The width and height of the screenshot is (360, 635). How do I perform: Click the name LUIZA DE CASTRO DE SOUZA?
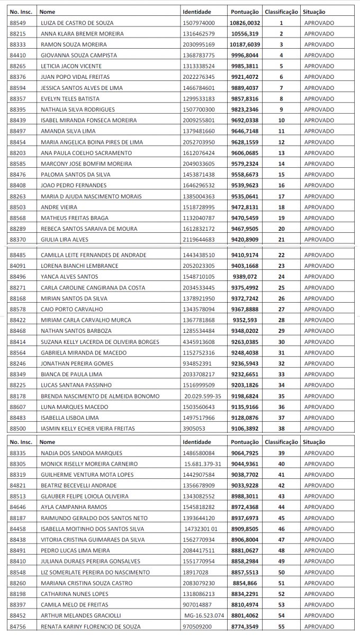(x=77, y=23)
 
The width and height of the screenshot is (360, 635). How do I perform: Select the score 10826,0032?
(x=245, y=23)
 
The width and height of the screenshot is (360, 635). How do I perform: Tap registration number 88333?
(x=17, y=44)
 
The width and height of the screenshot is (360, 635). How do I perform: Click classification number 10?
(x=281, y=121)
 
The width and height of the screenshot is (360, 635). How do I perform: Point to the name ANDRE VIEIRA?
(x=59, y=207)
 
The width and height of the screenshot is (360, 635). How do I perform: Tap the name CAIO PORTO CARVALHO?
(x=71, y=309)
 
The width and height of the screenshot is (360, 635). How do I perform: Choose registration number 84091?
(x=17, y=266)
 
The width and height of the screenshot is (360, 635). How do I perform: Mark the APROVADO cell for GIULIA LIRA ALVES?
(x=319, y=240)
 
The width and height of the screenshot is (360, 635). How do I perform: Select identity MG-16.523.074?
(x=204, y=616)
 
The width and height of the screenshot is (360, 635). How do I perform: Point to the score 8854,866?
(x=245, y=583)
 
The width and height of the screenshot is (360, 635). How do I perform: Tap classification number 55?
(x=281, y=627)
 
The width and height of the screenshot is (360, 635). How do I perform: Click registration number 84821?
(x=17, y=485)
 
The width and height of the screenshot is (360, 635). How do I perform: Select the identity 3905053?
(x=193, y=429)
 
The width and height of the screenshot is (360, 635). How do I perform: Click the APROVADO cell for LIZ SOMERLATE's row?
(x=319, y=573)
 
